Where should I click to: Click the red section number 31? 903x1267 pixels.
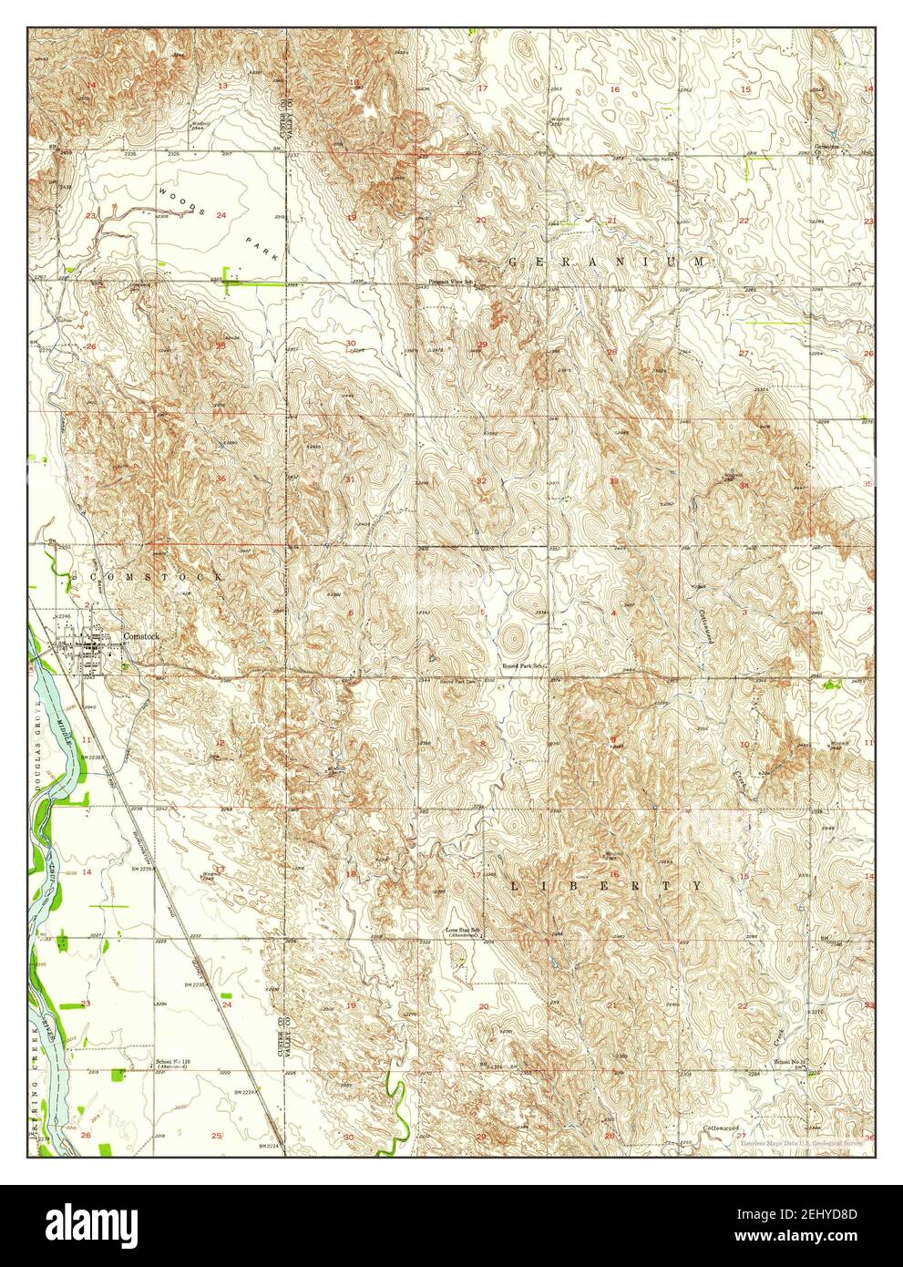click(x=349, y=479)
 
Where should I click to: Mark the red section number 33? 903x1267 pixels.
click(x=614, y=480)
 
